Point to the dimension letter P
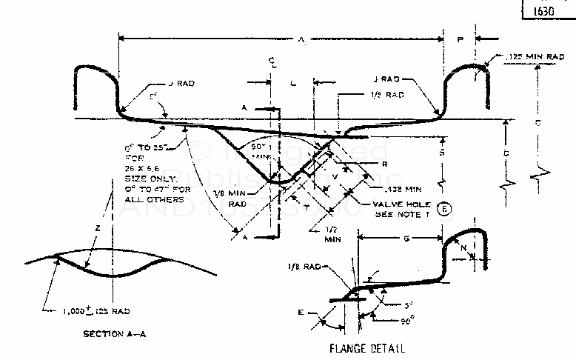tap(460, 42)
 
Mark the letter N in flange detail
tap(463, 251)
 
